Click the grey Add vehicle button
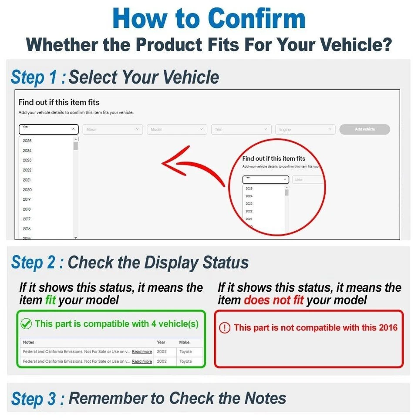364,129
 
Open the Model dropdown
177,129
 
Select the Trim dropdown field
241,129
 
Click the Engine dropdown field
305,129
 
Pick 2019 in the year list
27,199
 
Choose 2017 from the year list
27,219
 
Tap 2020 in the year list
27,190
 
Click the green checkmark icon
26,324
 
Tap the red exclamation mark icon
224,328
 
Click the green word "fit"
51,300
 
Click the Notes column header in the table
28,343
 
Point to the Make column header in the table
184,343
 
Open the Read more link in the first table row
142,352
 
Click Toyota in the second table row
185,361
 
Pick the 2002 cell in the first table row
162,352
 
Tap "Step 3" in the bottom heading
34,399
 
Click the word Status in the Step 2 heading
226,263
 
